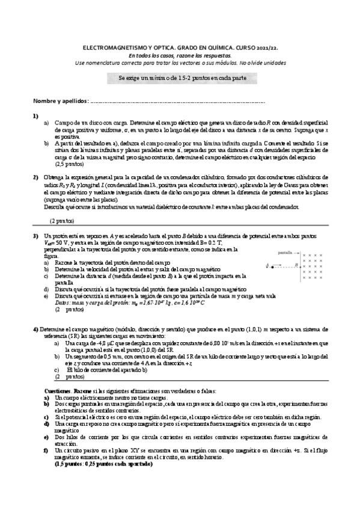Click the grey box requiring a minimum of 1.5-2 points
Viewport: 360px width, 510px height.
181,79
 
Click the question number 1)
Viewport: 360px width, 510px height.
36,115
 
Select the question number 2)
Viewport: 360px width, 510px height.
36,177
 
